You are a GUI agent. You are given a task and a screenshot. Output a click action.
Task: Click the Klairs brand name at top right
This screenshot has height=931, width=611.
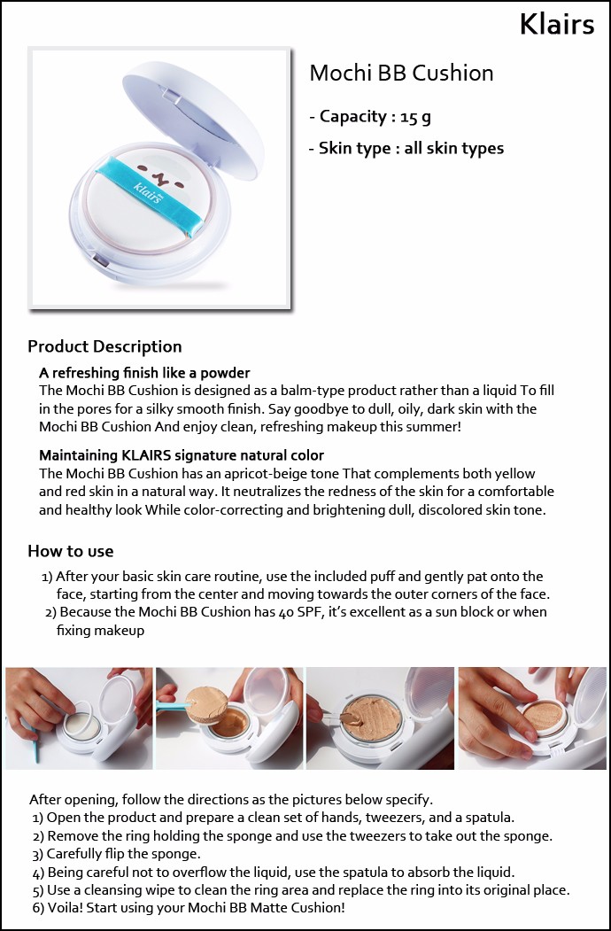556,24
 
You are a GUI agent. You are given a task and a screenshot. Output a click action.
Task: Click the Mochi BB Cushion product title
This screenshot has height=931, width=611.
401,73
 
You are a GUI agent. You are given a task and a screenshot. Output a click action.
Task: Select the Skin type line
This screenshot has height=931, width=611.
406,149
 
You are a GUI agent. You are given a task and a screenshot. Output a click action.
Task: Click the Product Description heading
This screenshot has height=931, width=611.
104,346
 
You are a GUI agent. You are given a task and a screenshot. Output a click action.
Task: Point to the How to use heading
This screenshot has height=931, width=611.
70,552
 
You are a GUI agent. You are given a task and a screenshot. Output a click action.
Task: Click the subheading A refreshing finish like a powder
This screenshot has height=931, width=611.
144,373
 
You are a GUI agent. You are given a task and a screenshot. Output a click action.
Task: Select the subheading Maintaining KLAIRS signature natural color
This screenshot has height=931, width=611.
182,455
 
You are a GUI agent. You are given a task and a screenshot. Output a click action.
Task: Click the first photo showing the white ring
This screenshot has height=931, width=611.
79,718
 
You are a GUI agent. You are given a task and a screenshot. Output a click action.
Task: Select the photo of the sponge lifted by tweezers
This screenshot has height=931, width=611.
229,718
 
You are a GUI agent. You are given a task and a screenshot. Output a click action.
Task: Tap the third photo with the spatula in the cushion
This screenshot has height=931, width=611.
380,718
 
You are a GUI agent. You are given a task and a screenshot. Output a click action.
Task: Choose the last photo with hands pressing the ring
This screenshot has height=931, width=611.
532,718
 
